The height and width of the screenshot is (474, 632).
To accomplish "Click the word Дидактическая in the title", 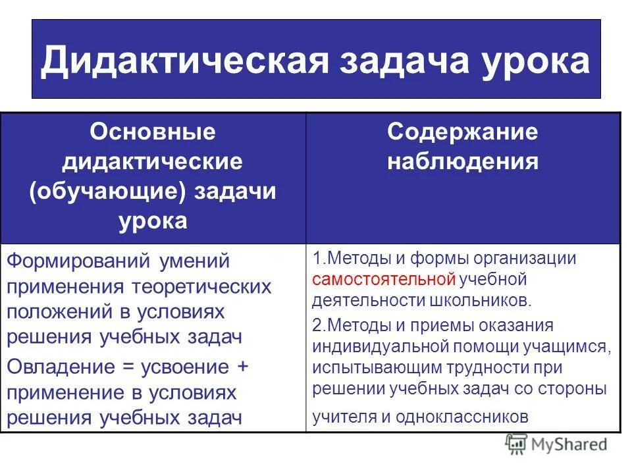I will point(184,61).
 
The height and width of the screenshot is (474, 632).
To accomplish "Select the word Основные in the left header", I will point(153,132).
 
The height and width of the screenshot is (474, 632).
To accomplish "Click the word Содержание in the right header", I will point(462,132).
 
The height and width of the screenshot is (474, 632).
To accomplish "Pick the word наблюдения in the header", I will point(462,161).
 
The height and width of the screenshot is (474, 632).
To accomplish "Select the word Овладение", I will point(63,366).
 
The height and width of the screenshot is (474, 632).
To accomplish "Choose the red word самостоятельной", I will point(384,279).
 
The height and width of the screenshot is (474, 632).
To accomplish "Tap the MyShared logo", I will point(556,444).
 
